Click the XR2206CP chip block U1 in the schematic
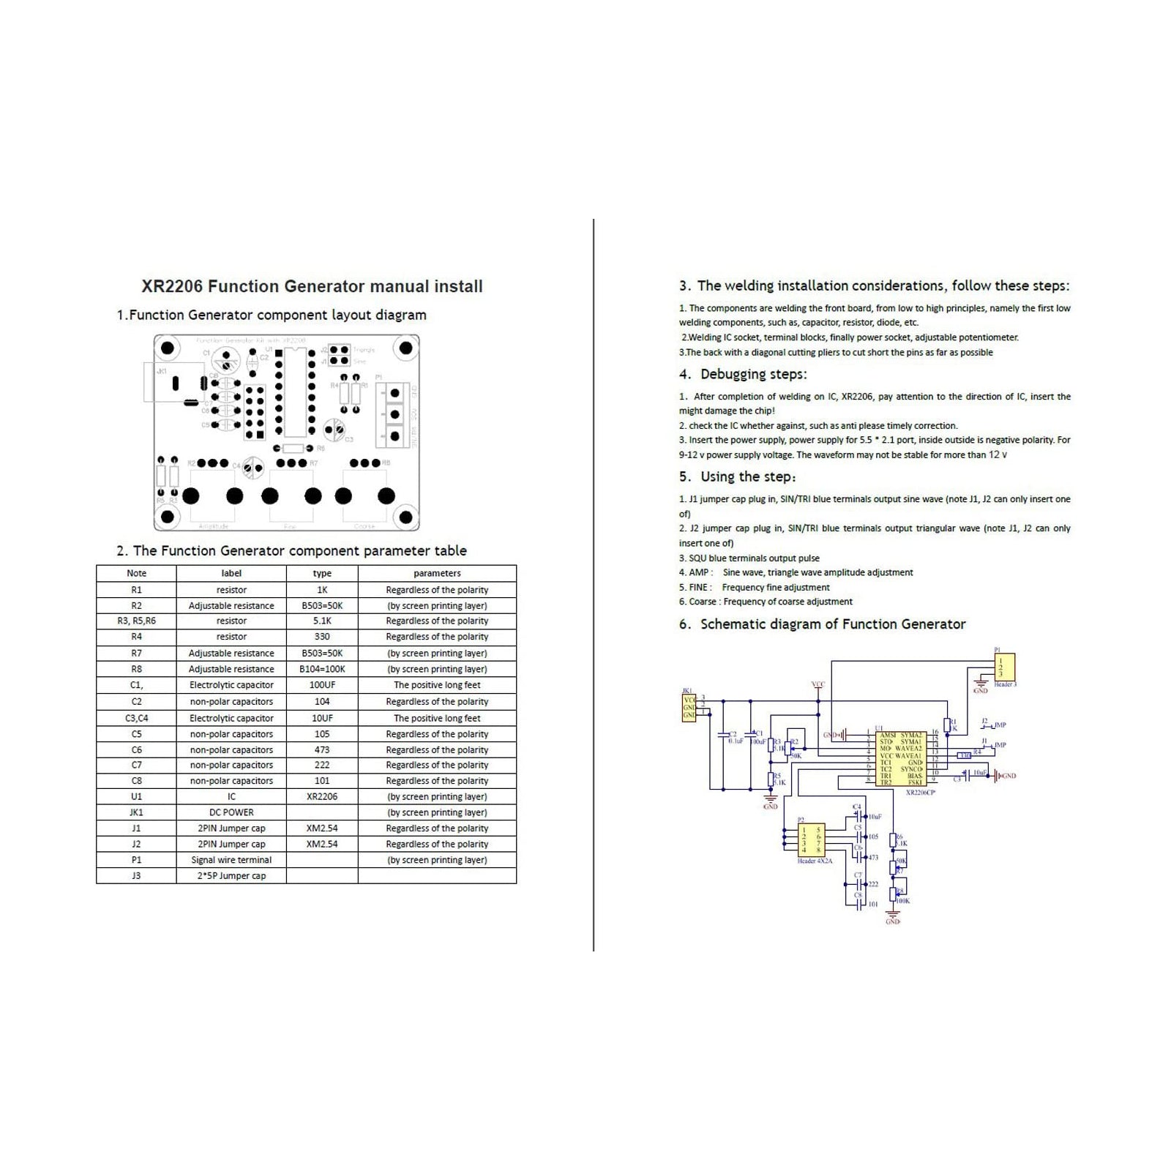pyautogui.click(x=901, y=758)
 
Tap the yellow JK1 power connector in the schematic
pyautogui.click(x=689, y=707)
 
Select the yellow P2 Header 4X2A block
pyautogui.click(x=811, y=839)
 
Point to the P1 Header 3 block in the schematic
pyautogui.click(x=1004, y=667)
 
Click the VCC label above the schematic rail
pyautogui.click(x=818, y=684)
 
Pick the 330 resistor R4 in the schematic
pyautogui.click(x=965, y=755)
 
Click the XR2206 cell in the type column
pyautogui.click(x=322, y=796)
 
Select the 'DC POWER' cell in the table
pyautogui.click(x=231, y=812)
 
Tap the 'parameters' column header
pyautogui.click(x=437, y=573)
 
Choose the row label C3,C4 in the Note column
pyautogui.click(x=136, y=718)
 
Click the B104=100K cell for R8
pyautogui.click(x=322, y=669)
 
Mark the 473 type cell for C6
pyautogui.click(x=322, y=749)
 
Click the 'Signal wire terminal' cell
pyautogui.click(x=231, y=860)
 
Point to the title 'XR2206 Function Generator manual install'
pyautogui.click(x=312, y=286)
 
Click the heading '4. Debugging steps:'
pyautogui.click(x=743, y=374)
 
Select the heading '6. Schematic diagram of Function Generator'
pyautogui.click(x=822, y=624)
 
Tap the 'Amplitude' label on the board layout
pyautogui.click(x=214, y=526)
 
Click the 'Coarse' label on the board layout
pyautogui.click(x=364, y=526)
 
